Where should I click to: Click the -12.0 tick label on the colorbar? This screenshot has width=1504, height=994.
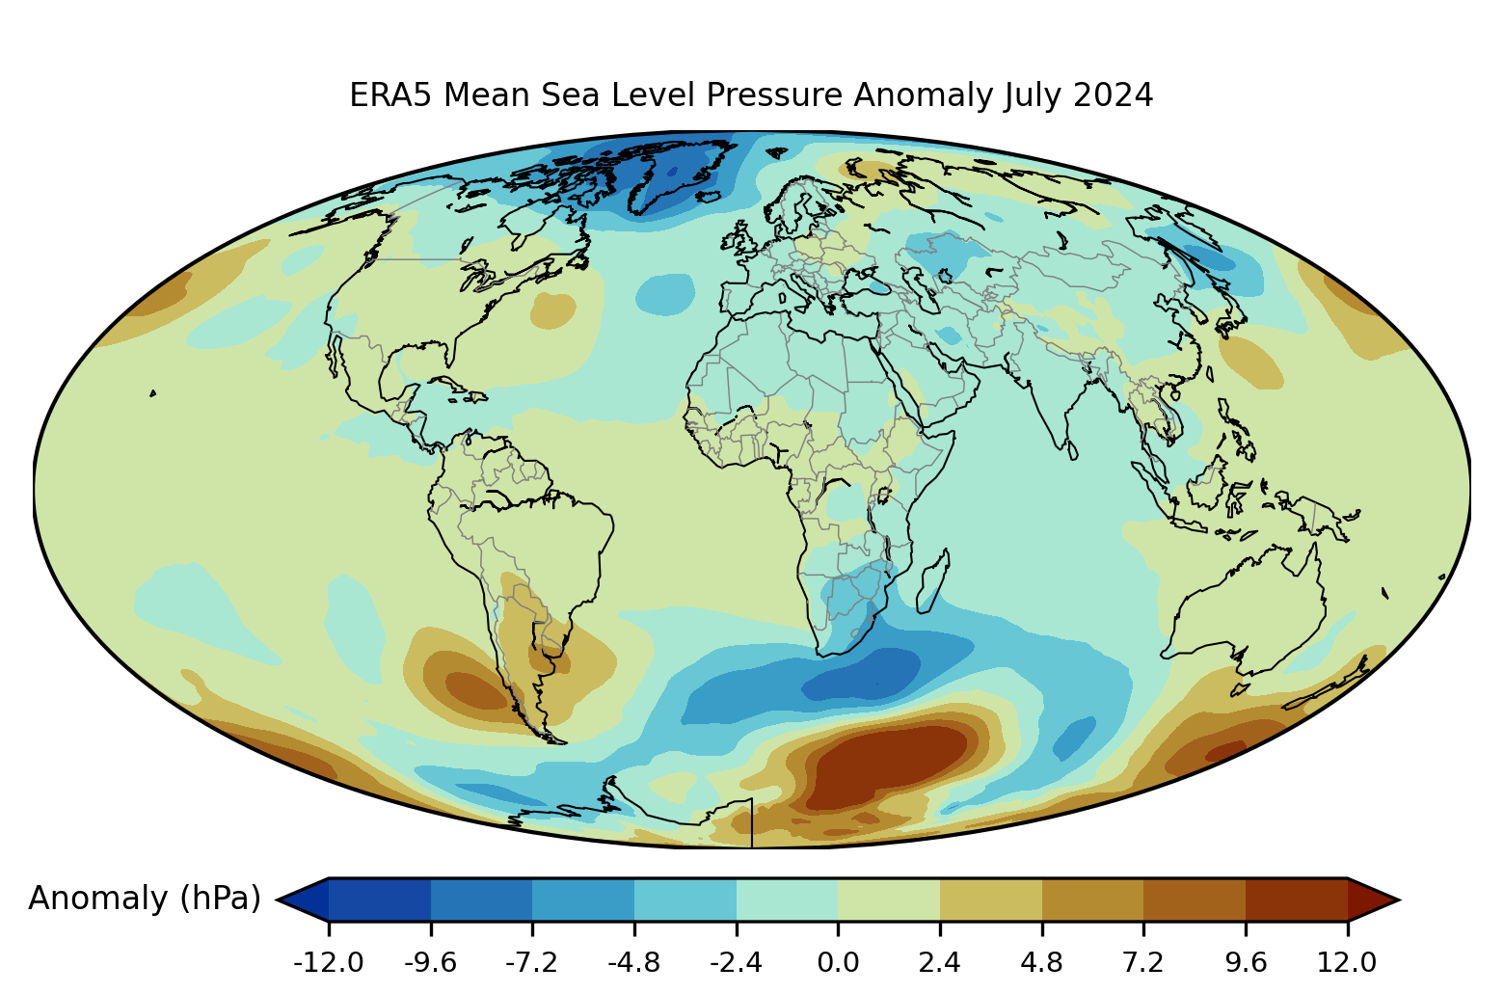[329, 962]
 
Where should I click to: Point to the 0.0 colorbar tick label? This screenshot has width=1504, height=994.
[838, 962]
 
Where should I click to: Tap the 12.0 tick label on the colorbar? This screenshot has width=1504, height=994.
[1347, 962]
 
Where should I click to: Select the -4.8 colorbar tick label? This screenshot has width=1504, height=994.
[634, 962]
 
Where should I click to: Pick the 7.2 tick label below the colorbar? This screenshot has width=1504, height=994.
[1143, 962]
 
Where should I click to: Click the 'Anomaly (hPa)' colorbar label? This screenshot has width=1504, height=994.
[145, 899]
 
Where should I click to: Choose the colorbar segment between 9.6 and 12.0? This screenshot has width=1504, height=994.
[1296, 900]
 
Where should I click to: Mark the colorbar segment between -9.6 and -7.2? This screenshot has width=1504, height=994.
[481, 900]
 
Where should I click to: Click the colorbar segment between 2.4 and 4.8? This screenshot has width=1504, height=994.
[991, 900]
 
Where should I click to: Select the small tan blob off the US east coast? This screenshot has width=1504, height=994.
[553, 310]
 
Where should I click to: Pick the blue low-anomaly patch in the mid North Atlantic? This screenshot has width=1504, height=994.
[665, 293]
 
